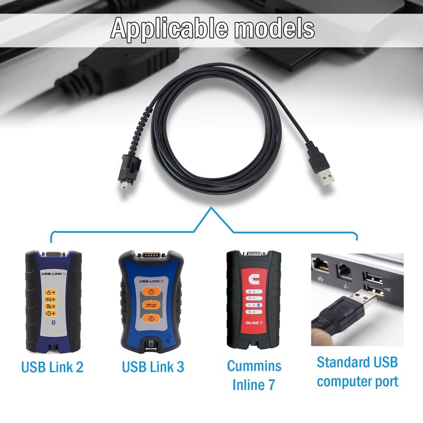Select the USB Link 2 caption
click(52, 367)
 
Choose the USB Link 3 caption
click(153, 367)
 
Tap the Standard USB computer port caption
click(357, 372)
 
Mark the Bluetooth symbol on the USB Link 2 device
click(52, 322)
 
